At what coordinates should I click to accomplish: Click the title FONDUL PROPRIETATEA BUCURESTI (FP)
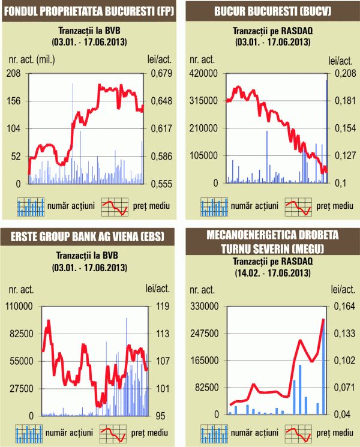[x=89, y=11]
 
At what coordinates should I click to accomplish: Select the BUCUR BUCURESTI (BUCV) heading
[x=271, y=11]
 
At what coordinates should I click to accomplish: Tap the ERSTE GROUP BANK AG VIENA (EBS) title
[x=89, y=237]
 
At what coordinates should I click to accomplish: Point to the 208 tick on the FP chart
[x=14, y=73]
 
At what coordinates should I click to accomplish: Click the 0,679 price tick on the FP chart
[x=159, y=73]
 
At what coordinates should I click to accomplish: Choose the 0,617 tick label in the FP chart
[x=159, y=128]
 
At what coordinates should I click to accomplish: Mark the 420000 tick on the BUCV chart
[x=203, y=73]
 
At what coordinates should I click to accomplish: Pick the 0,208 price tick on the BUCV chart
[x=343, y=73]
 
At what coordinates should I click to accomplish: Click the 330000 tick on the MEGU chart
[x=203, y=306]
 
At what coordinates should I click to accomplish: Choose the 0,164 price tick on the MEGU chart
[x=344, y=306]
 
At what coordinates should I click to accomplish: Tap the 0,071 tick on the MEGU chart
[x=344, y=388]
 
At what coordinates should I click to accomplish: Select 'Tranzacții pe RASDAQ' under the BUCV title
[x=271, y=31]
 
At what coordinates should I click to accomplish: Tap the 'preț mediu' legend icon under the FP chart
[x=115, y=206]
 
